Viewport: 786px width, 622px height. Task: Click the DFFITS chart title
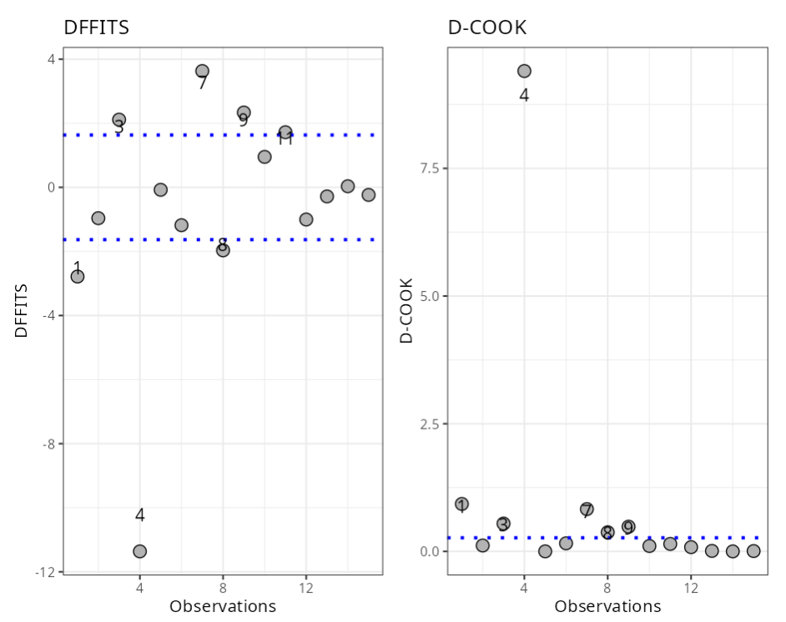tap(96, 28)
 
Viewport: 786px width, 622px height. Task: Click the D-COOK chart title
tap(487, 28)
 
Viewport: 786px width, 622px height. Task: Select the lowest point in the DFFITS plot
tap(139, 551)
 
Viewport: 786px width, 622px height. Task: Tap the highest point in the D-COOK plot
tap(524, 72)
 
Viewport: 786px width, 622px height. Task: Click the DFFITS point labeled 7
tap(202, 72)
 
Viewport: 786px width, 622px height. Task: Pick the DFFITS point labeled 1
tap(78, 276)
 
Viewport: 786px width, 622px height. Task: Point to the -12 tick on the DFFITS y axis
tap(47, 572)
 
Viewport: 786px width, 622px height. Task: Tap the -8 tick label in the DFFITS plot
tap(48, 444)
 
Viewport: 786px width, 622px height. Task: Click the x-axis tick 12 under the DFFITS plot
tap(306, 589)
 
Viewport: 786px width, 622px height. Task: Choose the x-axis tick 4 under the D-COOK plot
tap(524, 589)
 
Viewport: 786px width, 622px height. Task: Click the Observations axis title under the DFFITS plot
tap(223, 606)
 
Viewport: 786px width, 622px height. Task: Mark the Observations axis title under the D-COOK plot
tap(607, 606)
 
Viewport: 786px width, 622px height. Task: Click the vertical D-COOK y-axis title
tap(406, 310)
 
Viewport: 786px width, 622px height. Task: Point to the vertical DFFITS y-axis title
tap(22, 310)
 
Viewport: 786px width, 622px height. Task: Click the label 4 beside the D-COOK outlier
tap(524, 95)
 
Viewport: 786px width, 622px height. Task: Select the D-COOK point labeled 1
tap(461, 504)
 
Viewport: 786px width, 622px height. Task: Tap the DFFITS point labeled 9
tap(244, 113)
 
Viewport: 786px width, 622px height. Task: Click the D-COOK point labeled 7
tap(587, 509)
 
